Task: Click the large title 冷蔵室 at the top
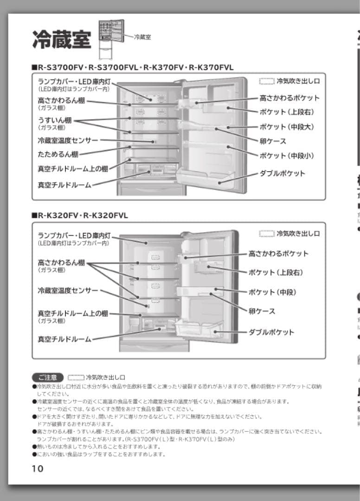coord(62,39)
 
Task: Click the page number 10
coord(38,469)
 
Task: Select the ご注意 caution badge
coord(47,377)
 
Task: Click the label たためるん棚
coord(58,154)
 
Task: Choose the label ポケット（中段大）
coord(286,127)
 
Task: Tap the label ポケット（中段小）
coord(286,155)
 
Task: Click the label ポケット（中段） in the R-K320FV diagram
coord(272,292)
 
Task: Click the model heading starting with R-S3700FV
coord(135,68)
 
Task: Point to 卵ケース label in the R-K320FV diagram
coord(262,311)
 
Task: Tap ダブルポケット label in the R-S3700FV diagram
coord(282,173)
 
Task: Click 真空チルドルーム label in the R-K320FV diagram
coord(64,339)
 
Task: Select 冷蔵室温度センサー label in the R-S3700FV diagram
coord(68,140)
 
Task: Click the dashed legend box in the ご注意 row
coord(76,377)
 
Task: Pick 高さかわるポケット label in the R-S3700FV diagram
coord(289,98)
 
